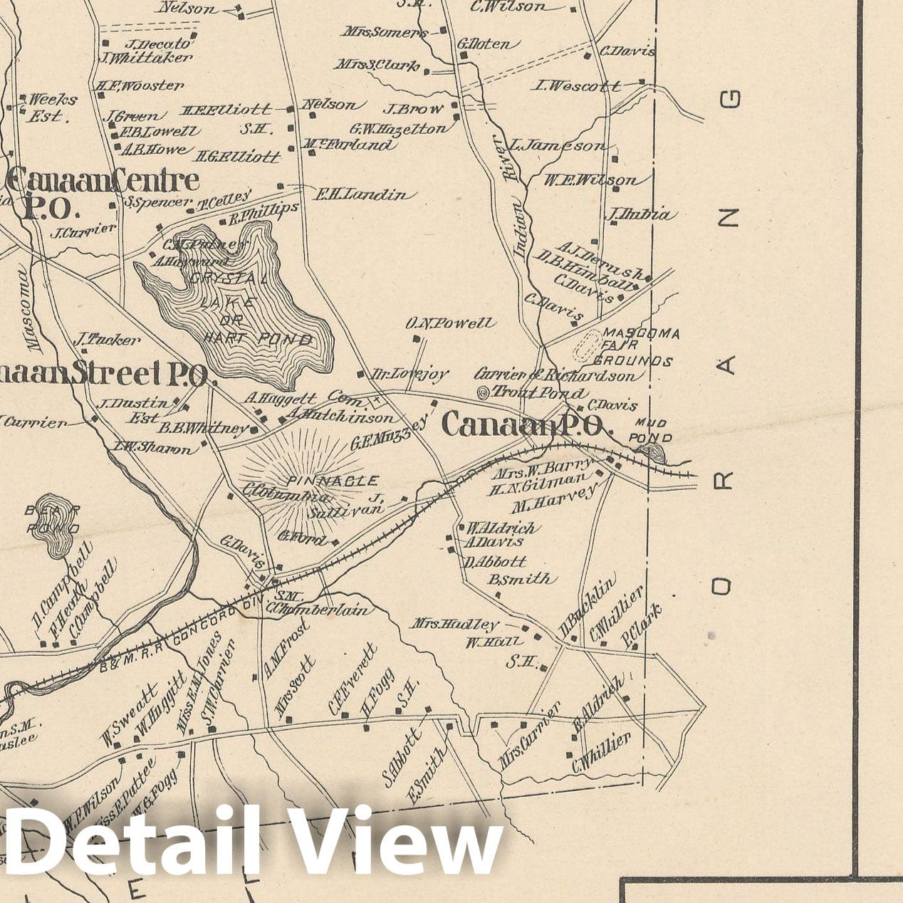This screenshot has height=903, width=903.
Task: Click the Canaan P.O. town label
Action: click(x=522, y=426)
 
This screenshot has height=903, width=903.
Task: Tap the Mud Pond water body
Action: click(x=651, y=452)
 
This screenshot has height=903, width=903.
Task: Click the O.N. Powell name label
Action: click(x=449, y=324)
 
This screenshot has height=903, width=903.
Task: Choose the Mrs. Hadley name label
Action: click(x=455, y=625)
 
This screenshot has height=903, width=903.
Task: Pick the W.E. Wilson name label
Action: click(x=590, y=180)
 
